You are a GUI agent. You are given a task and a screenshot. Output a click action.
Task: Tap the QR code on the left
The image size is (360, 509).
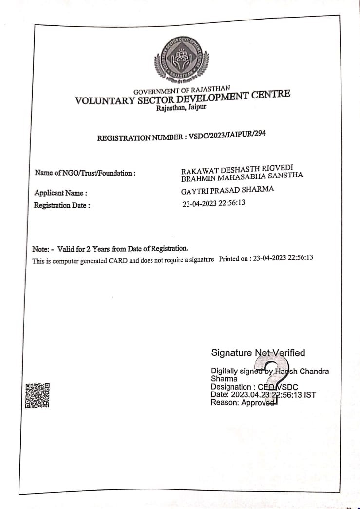pyautogui.click(x=38, y=395)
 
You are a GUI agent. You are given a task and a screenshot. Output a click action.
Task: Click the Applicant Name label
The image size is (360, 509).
pyautogui.click(x=61, y=193)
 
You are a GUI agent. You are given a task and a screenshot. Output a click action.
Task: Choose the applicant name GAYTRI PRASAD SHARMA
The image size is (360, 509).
pyautogui.click(x=227, y=190)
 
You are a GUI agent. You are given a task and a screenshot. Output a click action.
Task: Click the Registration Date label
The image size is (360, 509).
pyautogui.click(x=62, y=205)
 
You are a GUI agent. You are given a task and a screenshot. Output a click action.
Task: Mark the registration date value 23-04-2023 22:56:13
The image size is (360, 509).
pyautogui.click(x=214, y=203)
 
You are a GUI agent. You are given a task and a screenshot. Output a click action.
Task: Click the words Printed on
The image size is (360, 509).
pyautogui.click(x=235, y=259)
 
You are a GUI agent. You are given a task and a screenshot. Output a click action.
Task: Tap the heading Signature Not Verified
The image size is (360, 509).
pyautogui.click(x=258, y=352)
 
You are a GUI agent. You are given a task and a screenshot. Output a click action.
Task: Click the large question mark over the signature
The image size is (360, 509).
pyautogui.click(x=276, y=378)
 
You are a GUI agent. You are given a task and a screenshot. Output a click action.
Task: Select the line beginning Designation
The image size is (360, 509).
pyautogui.click(x=254, y=387)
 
